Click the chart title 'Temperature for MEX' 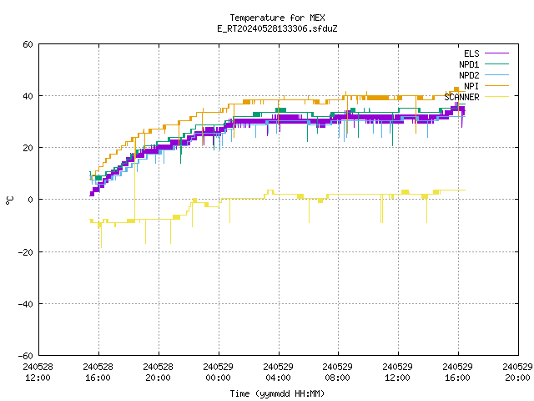coord(277,18)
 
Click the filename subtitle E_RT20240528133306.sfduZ coord(277,28)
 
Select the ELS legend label coord(471,53)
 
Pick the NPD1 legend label coord(469,64)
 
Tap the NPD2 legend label coord(469,75)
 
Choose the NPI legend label coord(471,86)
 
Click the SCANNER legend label coord(461,97)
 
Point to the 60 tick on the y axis coord(28,44)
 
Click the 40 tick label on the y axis coord(28,96)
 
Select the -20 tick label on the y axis coord(26,252)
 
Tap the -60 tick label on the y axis coord(26,356)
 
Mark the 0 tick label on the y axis coord(31,200)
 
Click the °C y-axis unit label coord(9,200)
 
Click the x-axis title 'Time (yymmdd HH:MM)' coord(277,393)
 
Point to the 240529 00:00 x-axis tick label coord(218,373)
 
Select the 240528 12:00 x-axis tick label coord(38,373)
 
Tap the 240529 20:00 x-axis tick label coord(517,373)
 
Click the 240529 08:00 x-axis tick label coord(337,373)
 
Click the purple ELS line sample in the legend coord(497,53)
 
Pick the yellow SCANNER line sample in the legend coord(497,97)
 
